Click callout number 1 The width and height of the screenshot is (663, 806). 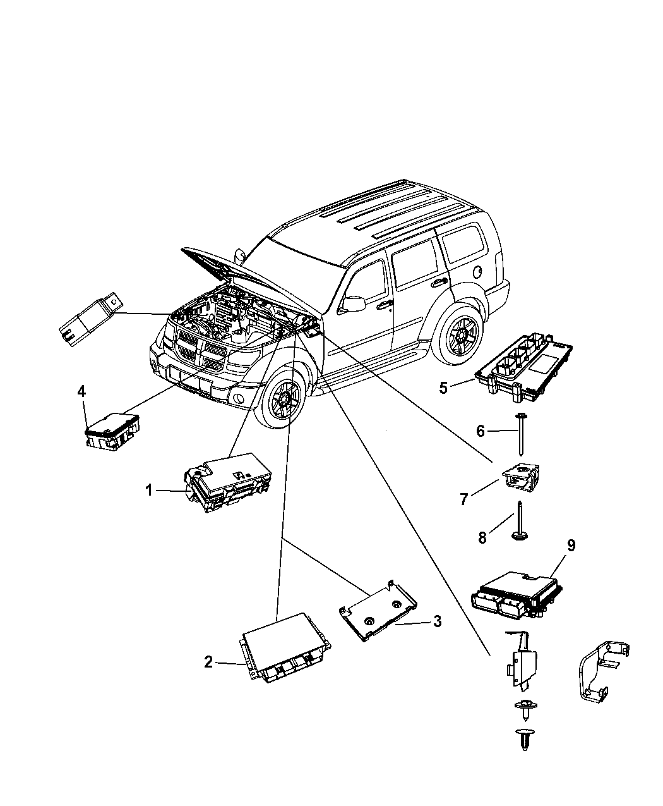coord(149,490)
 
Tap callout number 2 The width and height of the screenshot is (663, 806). coord(208,662)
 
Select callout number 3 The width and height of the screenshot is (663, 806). coord(437,621)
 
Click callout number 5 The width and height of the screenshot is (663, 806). coord(443,388)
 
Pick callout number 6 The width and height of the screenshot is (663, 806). coord(481,431)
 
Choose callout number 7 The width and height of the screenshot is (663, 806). coord(464,499)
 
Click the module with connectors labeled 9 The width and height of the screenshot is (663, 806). coord(515,592)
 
